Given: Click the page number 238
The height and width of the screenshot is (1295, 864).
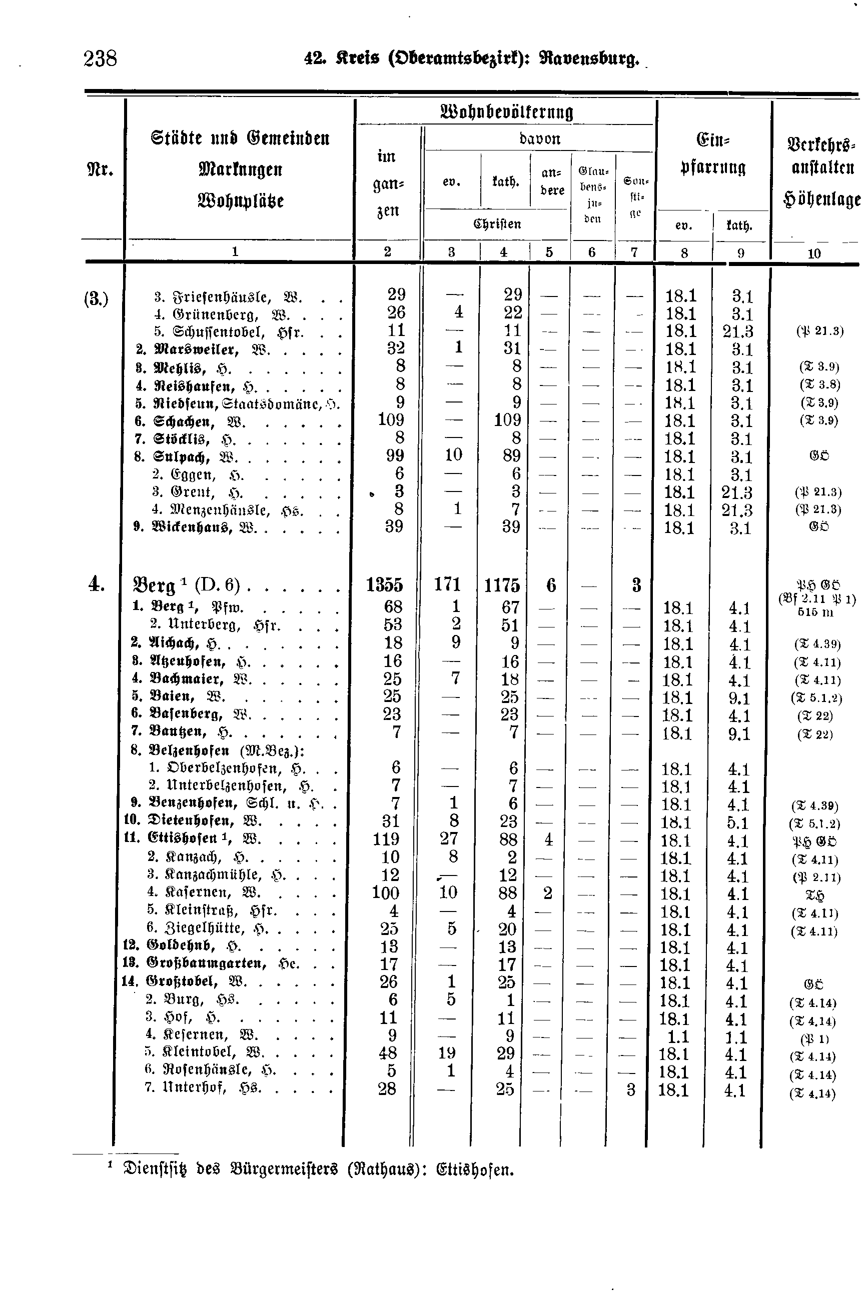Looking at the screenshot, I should [x=100, y=58].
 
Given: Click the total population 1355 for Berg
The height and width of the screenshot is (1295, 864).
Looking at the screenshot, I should [x=384, y=584].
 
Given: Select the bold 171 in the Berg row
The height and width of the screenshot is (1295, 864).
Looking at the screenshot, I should [x=447, y=584].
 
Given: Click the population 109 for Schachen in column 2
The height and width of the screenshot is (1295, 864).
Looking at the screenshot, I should [x=391, y=420].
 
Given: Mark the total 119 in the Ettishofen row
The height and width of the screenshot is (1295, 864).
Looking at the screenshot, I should [x=385, y=839].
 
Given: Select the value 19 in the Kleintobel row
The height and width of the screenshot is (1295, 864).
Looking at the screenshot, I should [x=446, y=1052].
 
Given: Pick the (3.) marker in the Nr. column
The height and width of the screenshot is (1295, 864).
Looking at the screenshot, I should [x=96, y=299].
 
